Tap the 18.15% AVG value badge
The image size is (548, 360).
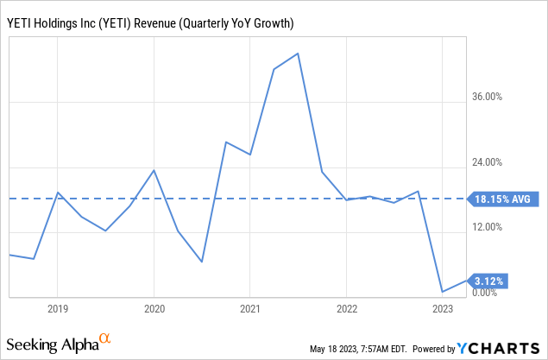pos(503,199)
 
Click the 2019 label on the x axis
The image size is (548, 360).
pos(57,308)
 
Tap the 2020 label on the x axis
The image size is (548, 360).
pos(154,308)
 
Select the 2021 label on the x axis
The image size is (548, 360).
pos(249,308)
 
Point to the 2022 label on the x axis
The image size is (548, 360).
pos(346,308)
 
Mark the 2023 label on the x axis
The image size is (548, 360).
pos(442,308)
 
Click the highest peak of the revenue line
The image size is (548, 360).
pos(298,54)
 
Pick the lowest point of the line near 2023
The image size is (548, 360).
pos(442,292)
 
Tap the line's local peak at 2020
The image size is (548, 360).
pos(154,169)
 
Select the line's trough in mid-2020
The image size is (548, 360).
pos(201,262)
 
